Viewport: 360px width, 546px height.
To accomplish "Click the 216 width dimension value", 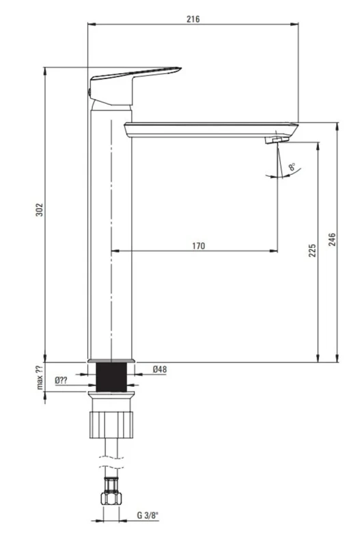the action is tap(193, 19).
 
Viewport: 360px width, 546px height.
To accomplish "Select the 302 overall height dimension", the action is tap(40, 210).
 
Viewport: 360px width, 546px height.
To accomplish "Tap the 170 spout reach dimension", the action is tap(198, 246).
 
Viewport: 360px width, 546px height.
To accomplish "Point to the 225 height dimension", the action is tap(312, 250).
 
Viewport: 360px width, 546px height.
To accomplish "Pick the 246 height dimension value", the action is tap(332, 240).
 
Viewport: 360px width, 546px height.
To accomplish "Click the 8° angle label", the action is tap(292, 167).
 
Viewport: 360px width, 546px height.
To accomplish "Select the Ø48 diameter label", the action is tap(160, 369).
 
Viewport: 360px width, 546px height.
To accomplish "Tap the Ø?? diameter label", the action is tap(61, 380).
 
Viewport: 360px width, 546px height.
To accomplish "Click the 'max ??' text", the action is tap(40, 377).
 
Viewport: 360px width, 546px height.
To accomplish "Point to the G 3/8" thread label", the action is tap(148, 515).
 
